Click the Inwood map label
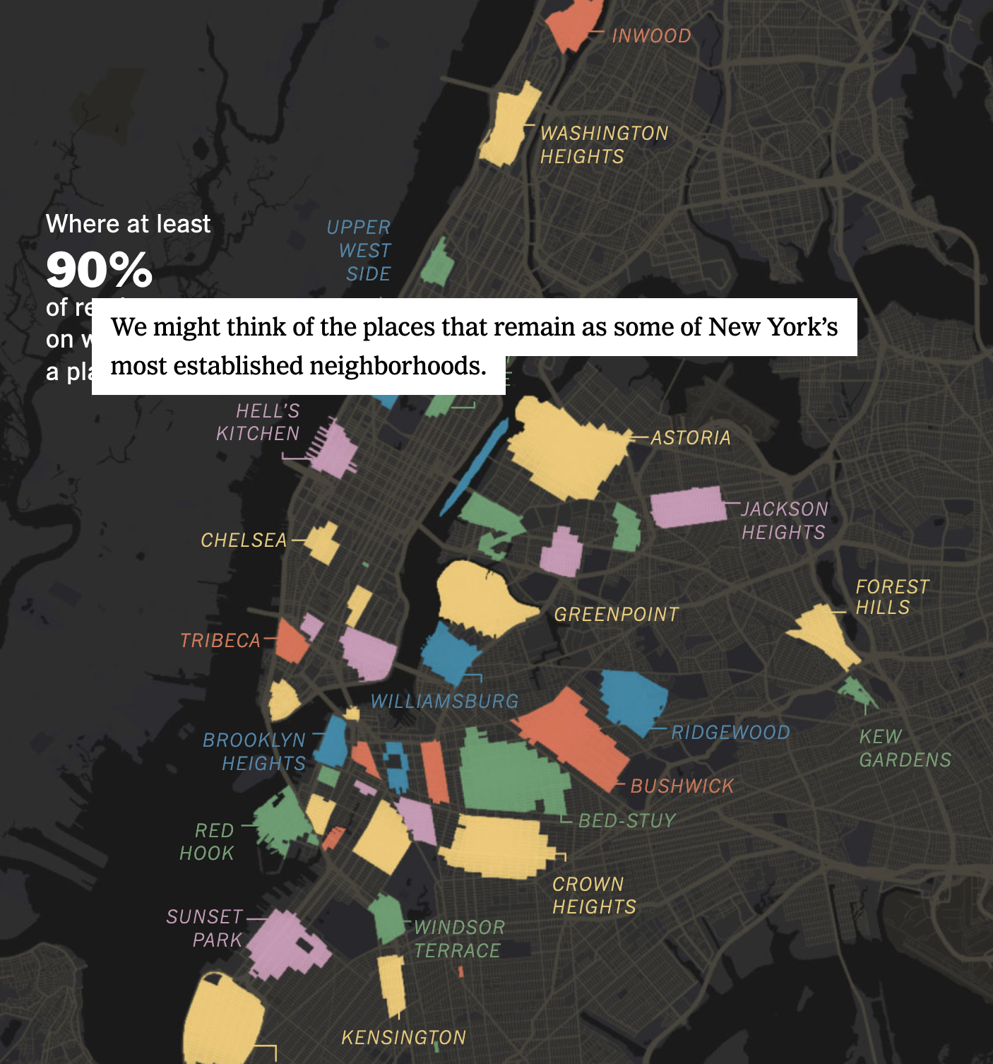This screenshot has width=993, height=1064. tap(651, 35)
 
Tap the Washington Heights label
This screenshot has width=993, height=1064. tap(604, 145)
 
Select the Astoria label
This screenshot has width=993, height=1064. tap(691, 438)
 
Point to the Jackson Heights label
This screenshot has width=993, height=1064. tap(784, 521)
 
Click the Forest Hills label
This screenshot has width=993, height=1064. tap(892, 597)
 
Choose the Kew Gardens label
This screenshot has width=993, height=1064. tap(905, 748)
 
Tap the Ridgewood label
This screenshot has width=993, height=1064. tap(730, 732)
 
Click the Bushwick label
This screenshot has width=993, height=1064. tap(682, 786)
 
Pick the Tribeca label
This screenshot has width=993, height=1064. tap(220, 640)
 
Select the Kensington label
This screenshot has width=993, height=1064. tap(404, 1037)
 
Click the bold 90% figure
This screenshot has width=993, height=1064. tap(100, 270)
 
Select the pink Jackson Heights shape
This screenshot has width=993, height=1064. tap(686, 507)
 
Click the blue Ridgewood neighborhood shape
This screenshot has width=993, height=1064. tap(633, 699)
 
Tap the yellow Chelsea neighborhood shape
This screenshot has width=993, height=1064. tap(323, 542)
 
